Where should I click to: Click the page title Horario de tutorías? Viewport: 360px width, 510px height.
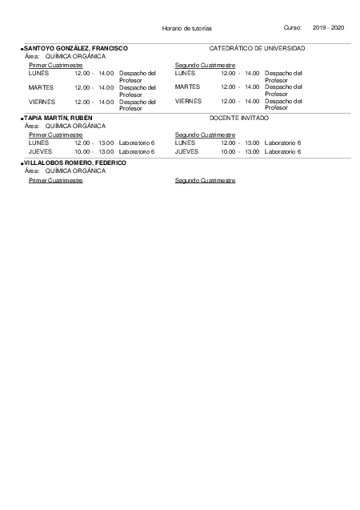click(186, 28)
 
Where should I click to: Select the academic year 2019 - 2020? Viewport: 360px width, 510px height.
click(328, 28)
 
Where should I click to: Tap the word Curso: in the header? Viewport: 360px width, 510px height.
click(293, 28)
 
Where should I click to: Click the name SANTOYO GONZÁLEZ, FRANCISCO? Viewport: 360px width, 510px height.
click(76, 49)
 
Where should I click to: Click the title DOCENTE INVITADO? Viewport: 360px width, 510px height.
click(238, 118)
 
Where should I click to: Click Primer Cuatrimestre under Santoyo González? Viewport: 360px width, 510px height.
click(55, 65)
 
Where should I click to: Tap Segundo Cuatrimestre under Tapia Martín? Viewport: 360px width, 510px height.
click(205, 135)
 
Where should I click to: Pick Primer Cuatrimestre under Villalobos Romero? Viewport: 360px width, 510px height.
click(55, 180)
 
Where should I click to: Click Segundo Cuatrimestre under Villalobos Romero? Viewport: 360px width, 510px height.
click(205, 180)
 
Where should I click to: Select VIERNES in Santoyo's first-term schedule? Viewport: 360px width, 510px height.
click(42, 102)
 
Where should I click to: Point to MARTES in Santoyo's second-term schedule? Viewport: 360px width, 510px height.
click(187, 86)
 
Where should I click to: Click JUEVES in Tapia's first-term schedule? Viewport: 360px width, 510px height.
click(40, 151)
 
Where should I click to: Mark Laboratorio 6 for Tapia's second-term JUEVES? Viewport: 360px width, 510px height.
click(282, 151)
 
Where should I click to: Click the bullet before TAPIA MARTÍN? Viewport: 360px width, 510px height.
click(22, 118)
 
